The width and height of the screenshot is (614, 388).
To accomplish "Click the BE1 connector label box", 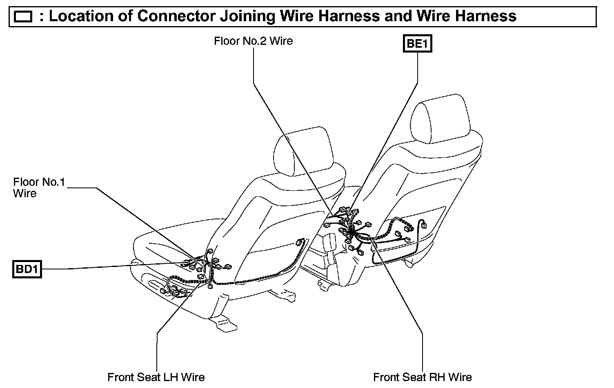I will click(417, 43).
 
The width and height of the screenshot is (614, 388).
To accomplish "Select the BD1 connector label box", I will click(27, 269).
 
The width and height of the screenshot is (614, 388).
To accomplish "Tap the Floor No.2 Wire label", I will click(253, 41).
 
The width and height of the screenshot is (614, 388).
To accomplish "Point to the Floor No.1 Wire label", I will click(39, 187).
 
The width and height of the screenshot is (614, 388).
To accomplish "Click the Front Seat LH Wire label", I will click(156, 377).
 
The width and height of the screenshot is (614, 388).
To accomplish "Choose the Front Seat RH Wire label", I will click(423, 377).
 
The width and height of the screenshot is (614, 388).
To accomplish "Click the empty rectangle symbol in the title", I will click(23, 17).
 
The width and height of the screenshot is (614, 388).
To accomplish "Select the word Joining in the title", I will click(246, 16).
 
